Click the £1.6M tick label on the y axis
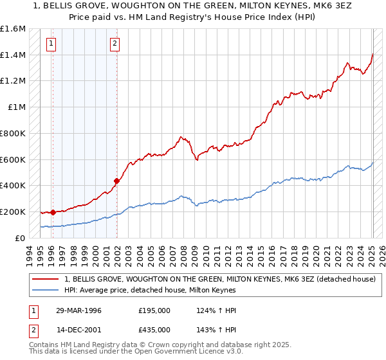pyautogui.click(x=13, y=29)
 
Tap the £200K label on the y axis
pyautogui.click(x=13, y=212)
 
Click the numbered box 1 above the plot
pyautogui.click(x=51, y=44)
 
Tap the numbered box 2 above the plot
pyautogui.click(x=114, y=44)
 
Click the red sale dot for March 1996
pyautogui.click(x=53, y=212)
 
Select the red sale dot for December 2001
pyautogui.click(x=116, y=181)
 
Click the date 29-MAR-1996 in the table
pyautogui.click(x=79, y=310)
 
